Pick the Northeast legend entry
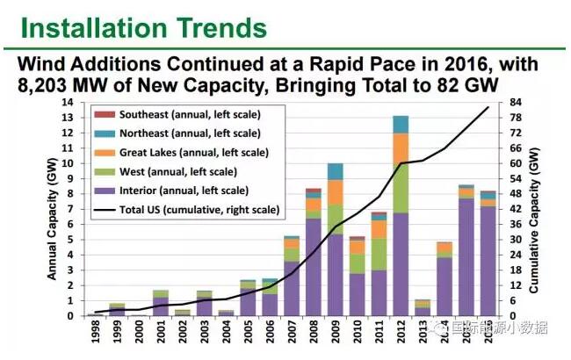[x=184, y=133]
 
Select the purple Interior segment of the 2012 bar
[x=400, y=263]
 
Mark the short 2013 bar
[x=422, y=307]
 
